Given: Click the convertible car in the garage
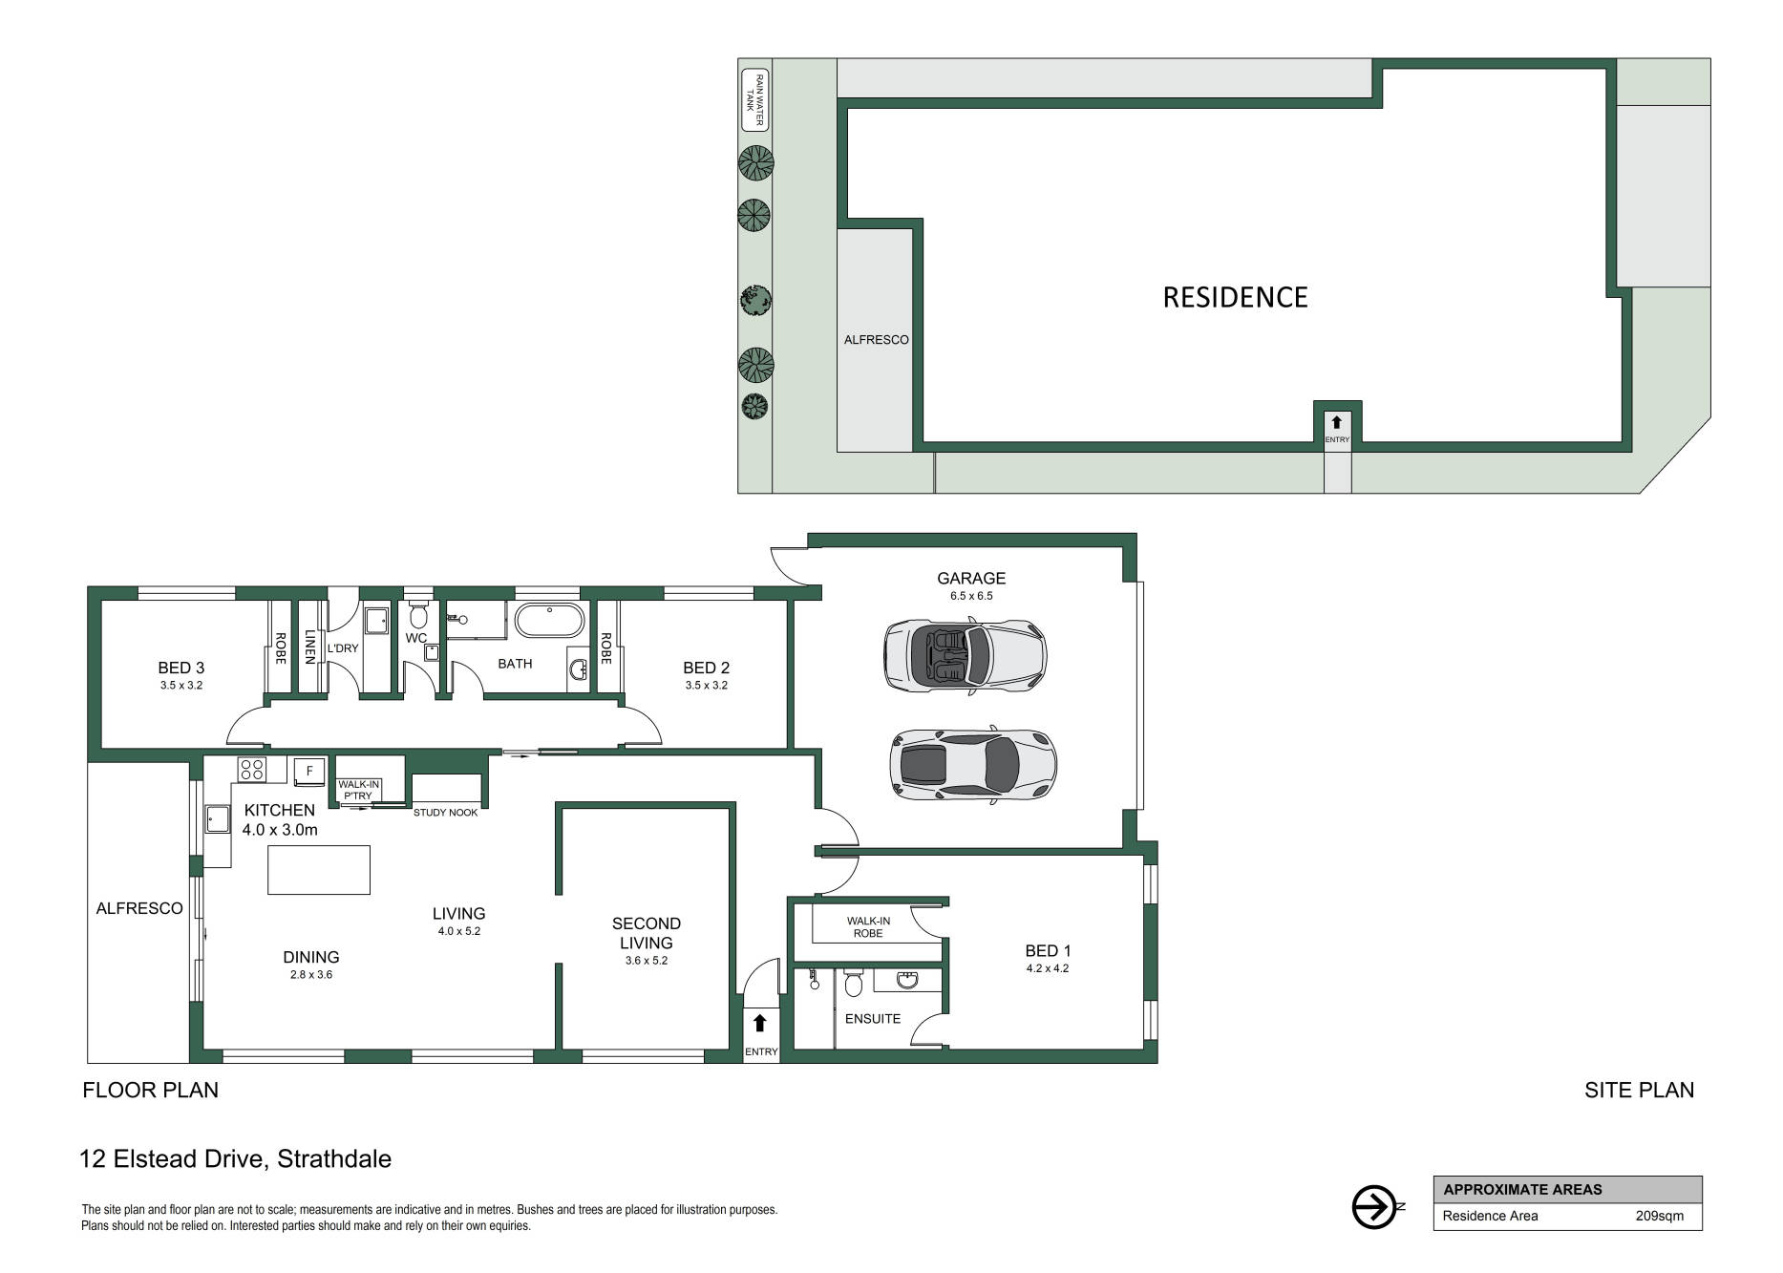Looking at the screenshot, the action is pyautogui.click(x=966, y=655).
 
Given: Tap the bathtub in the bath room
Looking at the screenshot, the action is pyautogui.click(x=549, y=621).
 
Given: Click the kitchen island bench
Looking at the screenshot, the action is pyautogui.click(x=318, y=870).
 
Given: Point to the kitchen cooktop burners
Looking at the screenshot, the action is pyautogui.click(x=252, y=769).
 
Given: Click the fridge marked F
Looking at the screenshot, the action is pyautogui.click(x=309, y=771).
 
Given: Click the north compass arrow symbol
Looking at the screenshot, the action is pyautogui.click(x=1376, y=1207).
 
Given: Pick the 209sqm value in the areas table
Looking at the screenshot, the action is pyautogui.click(x=1659, y=1217).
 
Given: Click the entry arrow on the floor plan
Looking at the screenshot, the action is pyautogui.click(x=760, y=1024).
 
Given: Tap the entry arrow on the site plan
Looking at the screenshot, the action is pyautogui.click(x=1336, y=422).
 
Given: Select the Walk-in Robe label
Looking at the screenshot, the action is pyautogui.click(x=868, y=926).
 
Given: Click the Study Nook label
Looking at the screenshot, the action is pyautogui.click(x=446, y=813).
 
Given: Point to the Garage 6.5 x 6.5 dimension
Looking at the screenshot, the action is pyautogui.click(x=971, y=596).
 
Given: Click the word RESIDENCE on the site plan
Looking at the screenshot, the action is pyautogui.click(x=1235, y=297).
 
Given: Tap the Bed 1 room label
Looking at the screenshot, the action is pyautogui.click(x=1048, y=951).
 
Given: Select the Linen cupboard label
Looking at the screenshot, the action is pyautogui.click(x=309, y=647).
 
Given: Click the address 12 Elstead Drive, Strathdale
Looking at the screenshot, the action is pyautogui.click(x=237, y=1159).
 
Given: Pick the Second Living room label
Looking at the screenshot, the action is pyautogui.click(x=647, y=933).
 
